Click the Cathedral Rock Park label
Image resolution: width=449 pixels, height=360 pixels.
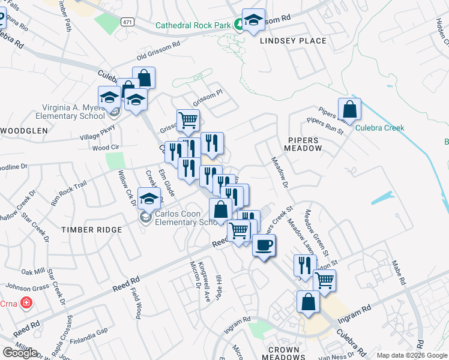tap(193, 25)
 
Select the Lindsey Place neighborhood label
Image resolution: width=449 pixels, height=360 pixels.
tap(293, 41)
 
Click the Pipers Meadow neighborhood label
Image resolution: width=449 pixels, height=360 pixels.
tap(303, 143)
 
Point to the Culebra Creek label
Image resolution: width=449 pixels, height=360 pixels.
tap(379, 128)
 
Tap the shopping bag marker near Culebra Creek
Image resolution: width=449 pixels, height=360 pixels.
tap(349, 110)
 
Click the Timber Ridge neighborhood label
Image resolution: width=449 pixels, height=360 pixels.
tap(91, 230)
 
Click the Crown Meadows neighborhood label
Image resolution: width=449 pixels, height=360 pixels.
tap(283, 353)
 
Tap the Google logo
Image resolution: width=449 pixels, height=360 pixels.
tap(19, 353)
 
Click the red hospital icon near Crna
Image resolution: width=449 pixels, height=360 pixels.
tap(26, 302)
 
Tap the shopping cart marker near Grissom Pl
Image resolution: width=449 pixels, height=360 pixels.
tap(188, 120)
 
